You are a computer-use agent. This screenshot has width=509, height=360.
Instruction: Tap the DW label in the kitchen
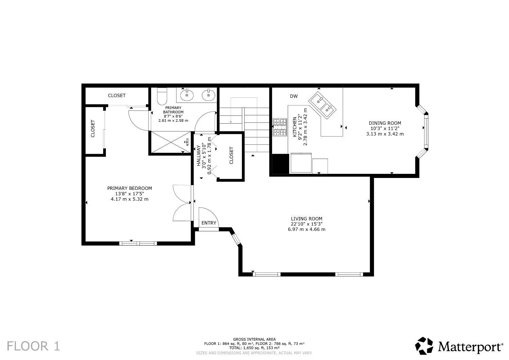(294, 96)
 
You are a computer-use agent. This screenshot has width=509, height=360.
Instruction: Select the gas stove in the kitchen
(280, 127)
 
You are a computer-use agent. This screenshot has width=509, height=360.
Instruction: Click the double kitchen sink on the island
(322, 105)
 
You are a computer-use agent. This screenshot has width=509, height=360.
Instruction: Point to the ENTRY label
(209, 223)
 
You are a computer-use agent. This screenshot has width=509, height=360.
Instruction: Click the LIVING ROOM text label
(306, 219)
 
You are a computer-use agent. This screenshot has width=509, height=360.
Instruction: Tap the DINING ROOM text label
(385, 123)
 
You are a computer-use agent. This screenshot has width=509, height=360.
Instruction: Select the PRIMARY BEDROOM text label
(130, 188)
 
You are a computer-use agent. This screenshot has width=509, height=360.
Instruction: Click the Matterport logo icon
(424, 346)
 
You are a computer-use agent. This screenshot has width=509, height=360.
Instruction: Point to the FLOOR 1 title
(33, 346)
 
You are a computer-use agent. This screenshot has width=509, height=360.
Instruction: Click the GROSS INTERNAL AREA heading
(254, 339)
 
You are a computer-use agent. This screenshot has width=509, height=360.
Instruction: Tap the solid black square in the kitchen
(280, 164)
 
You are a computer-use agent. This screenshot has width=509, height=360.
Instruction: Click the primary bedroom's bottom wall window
(138, 244)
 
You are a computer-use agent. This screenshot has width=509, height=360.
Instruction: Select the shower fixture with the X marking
(171, 142)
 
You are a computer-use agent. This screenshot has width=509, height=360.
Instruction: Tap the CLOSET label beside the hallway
(231, 155)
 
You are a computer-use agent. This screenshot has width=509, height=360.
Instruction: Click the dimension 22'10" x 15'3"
(306, 224)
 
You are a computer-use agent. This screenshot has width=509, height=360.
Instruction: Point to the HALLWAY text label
(199, 156)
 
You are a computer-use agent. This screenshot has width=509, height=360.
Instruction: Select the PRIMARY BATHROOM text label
(173, 110)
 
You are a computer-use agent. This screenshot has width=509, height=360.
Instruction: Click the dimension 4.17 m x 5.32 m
(130, 199)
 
